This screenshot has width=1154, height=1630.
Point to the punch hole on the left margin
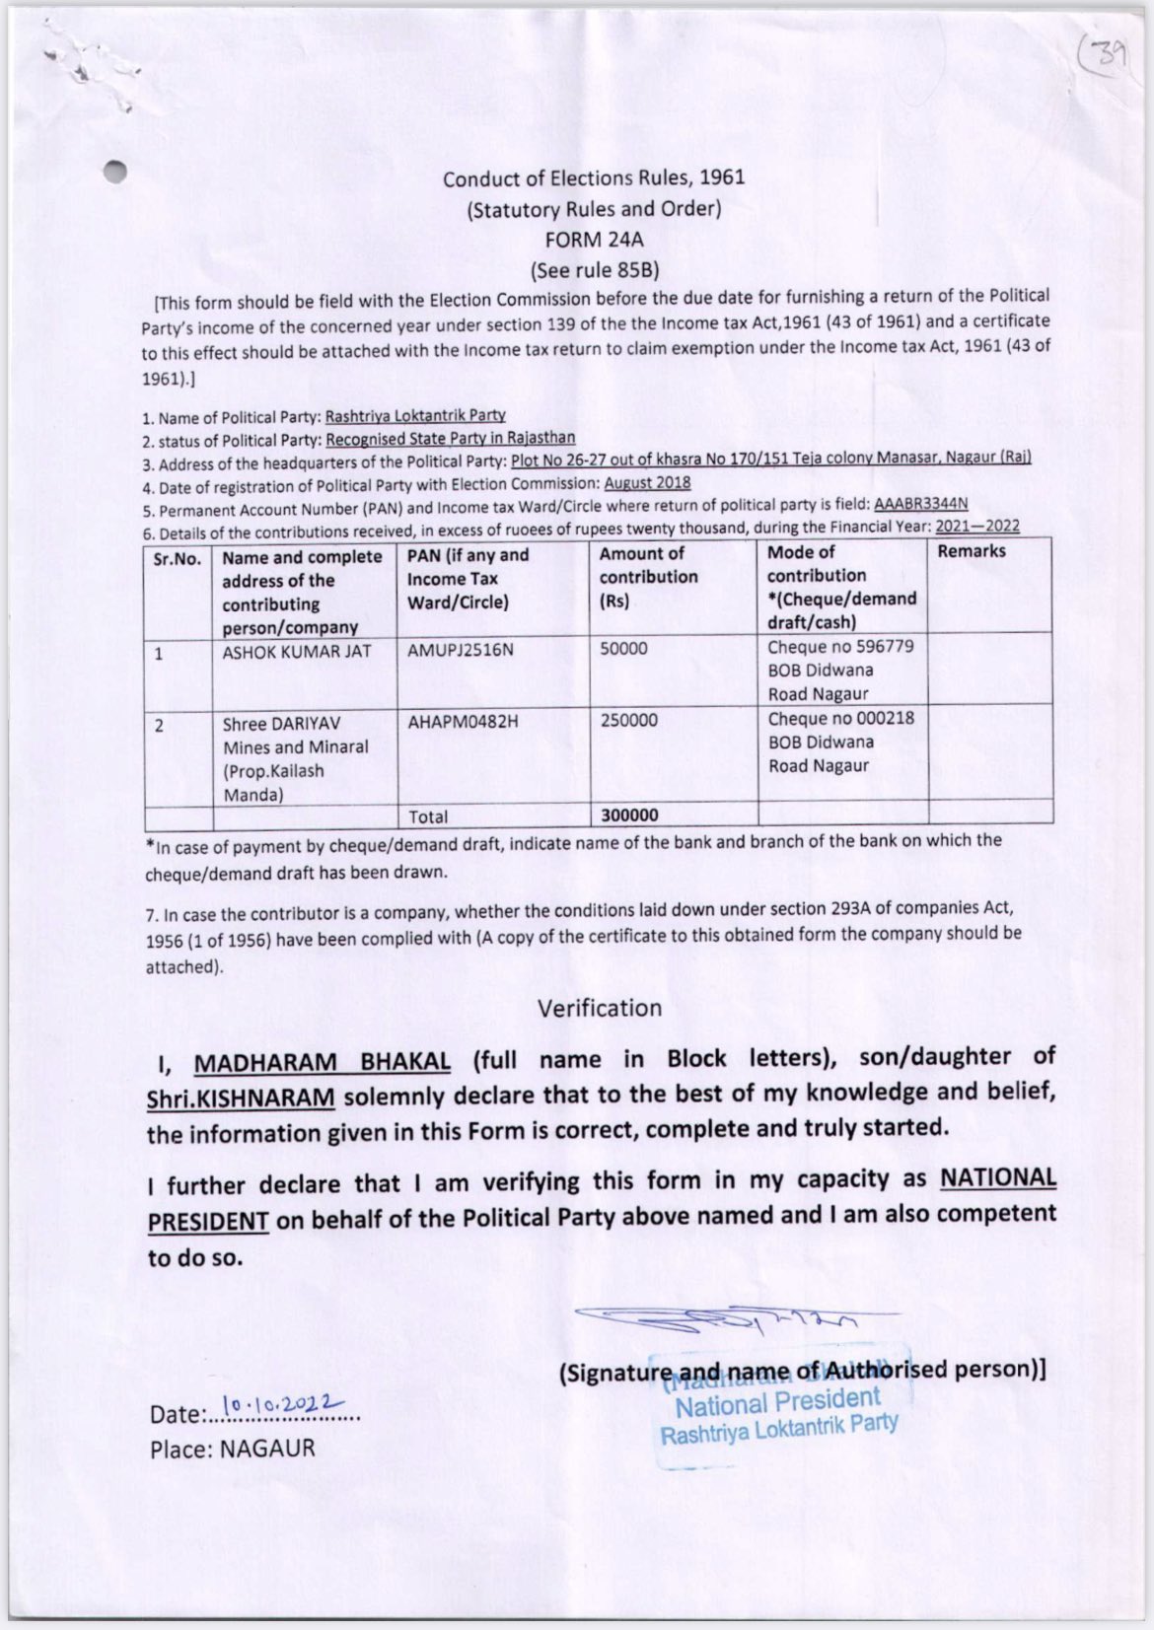click(x=116, y=171)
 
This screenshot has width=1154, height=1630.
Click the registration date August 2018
click(x=647, y=483)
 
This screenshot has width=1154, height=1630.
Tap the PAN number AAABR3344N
click(x=920, y=505)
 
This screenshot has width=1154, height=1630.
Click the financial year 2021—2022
click(x=976, y=528)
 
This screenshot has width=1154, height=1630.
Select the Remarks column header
click(x=972, y=551)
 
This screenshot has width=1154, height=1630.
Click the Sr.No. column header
click(x=178, y=558)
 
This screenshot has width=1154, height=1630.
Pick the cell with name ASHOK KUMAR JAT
click(x=297, y=652)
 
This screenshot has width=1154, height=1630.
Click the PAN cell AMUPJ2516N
click(x=460, y=650)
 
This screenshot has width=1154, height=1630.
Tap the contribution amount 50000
click(x=623, y=649)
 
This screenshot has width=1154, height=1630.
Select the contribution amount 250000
click(x=628, y=721)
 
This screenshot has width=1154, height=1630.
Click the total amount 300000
click(x=628, y=815)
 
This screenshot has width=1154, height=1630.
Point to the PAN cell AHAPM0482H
click(x=463, y=722)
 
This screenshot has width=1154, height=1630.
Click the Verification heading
click(x=600, y=1008)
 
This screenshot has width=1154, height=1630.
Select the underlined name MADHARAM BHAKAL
click(x=322, y=1063)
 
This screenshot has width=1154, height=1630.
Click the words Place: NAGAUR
click(x=233, y=1449)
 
